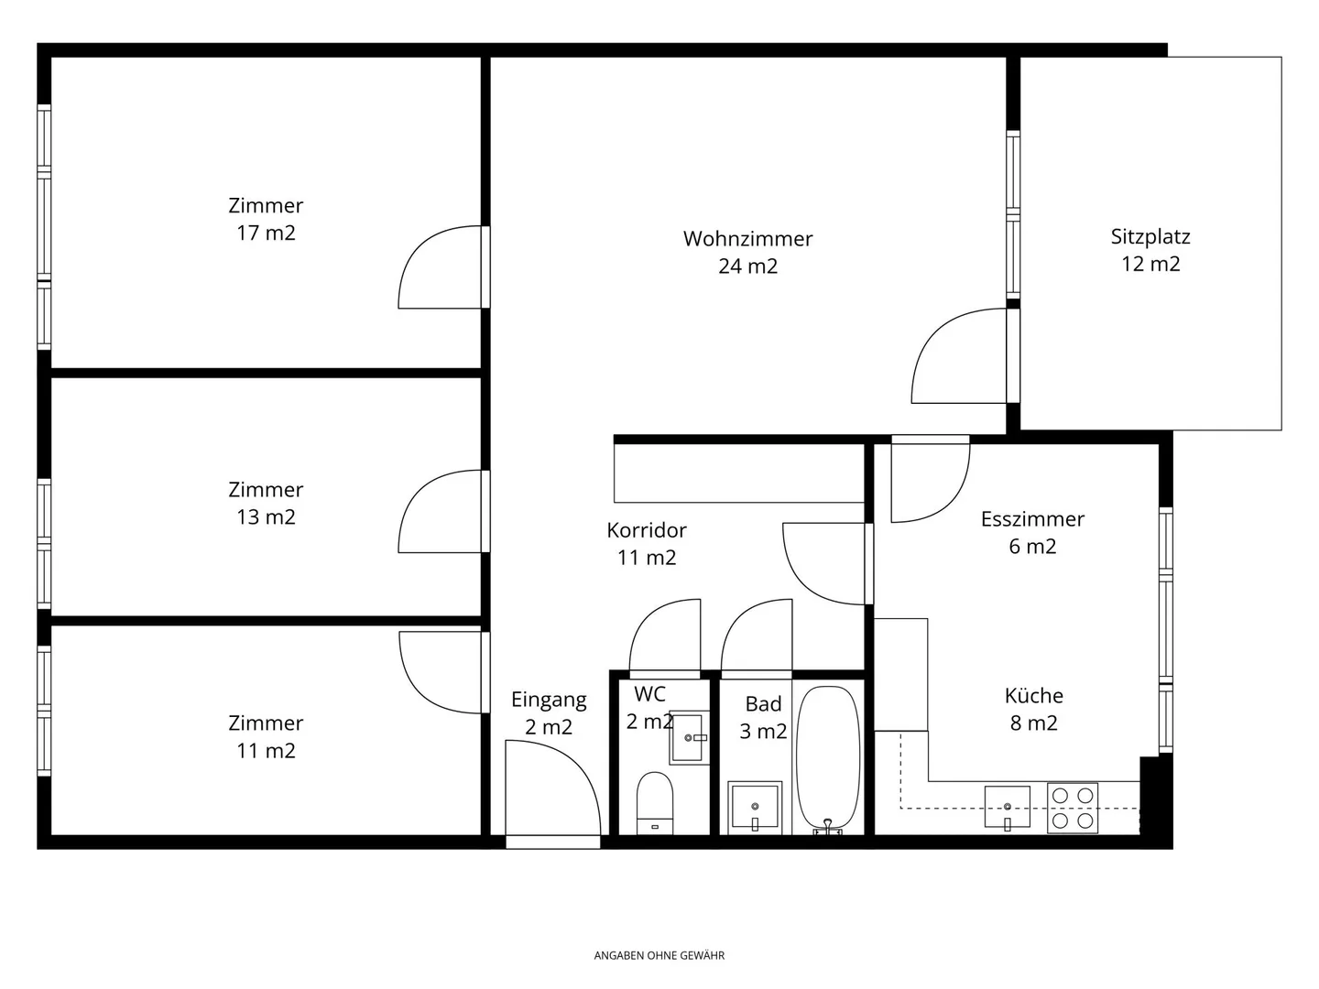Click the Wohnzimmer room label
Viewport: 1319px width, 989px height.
point(747,239)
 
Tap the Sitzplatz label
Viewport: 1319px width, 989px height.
point(1150,237)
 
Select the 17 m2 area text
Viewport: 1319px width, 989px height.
point(266,234)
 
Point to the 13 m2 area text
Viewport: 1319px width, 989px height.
point(266,517)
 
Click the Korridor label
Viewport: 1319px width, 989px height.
point(646,530)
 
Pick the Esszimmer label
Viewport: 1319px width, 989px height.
point(1032,519)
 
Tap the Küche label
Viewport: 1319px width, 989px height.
point(1033,696)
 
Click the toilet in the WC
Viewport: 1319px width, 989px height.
point(654,802)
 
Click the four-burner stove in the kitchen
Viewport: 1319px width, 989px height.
point(1073,808)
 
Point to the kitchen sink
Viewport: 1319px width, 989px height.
point(1007,807)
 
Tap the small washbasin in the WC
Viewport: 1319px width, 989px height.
point(689,737)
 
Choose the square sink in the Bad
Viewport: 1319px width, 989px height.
point(755,807)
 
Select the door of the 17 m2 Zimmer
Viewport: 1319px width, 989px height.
point(440,267)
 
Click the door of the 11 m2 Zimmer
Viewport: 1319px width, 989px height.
point(440,672)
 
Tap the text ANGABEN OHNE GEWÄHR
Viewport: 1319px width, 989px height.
point(659,955)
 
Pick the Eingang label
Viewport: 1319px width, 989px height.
point(548,701)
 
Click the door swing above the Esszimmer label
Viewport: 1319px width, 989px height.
point(929,481)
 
